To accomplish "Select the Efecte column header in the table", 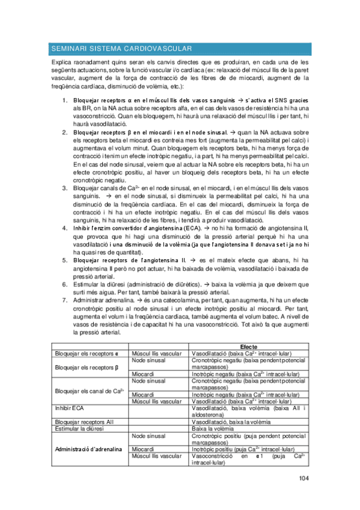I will click(x=248, y=346).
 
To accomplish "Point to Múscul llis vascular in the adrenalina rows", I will click(x=157, y=456).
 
